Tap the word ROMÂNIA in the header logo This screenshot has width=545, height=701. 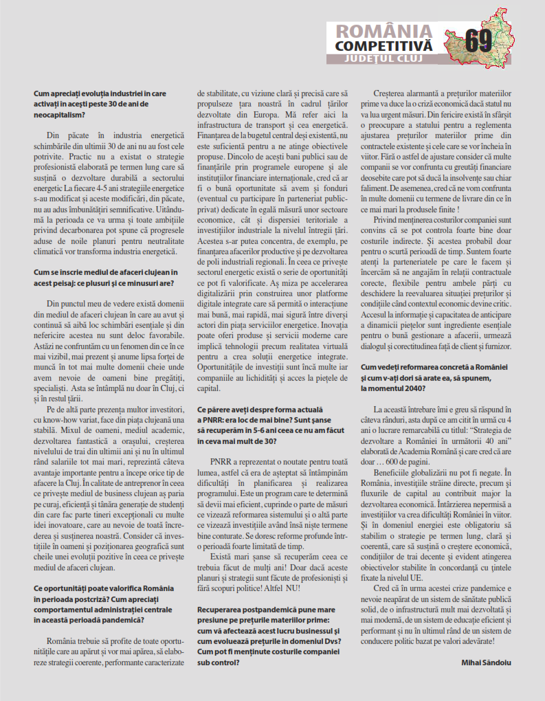[x=383, y=32]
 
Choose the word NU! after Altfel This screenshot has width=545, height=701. [x=293, y=588]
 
